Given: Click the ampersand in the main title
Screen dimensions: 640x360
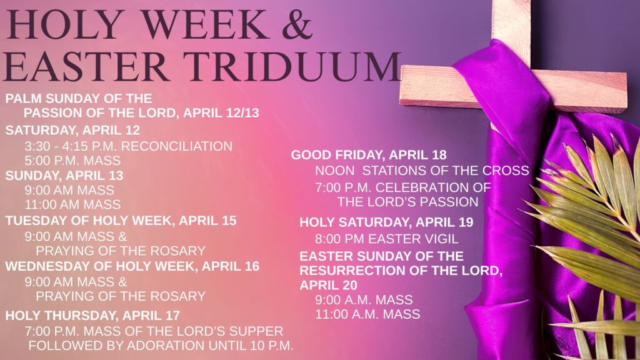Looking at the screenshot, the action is click(297, 24).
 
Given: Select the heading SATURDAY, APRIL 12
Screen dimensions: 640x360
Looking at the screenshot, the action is click(72, 130).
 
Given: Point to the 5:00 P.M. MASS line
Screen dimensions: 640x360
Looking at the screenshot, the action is click(72, 161).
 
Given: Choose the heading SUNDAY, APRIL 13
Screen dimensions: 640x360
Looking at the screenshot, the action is click(64, 176).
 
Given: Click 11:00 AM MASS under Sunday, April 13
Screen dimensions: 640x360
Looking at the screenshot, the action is click(72, 204).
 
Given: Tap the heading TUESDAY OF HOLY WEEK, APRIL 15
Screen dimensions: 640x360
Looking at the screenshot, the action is click(121, 221).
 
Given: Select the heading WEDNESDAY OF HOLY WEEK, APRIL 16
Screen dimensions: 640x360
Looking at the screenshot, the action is click(132, 266).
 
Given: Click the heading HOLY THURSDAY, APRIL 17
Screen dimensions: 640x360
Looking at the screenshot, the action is click(92, 316).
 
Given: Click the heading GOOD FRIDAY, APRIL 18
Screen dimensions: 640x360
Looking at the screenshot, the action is click(369, 155).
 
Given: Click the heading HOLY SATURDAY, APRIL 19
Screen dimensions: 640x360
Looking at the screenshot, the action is click(386, 222).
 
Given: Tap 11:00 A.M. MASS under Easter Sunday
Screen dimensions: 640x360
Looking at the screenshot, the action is click(367, 314).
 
